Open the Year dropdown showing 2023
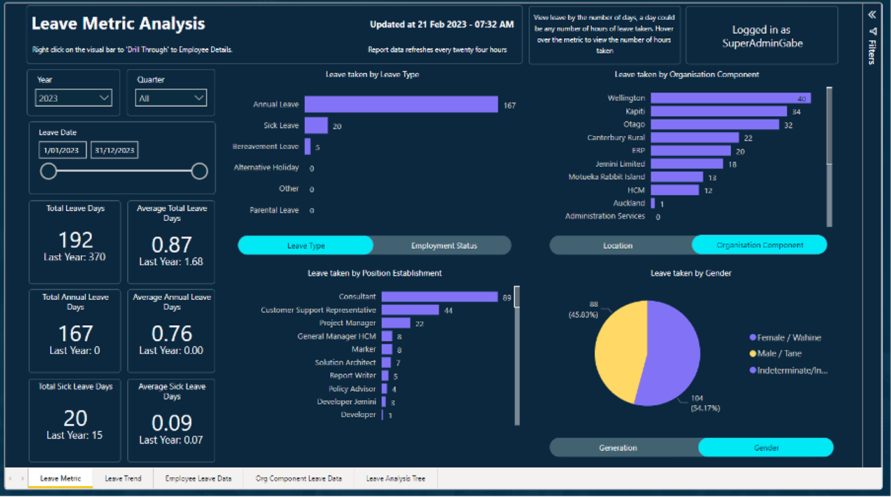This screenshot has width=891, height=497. [74, 98]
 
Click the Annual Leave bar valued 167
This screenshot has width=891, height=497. [401, 104]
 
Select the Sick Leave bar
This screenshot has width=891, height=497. [316, 125]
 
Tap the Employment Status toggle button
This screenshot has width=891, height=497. [444, 246]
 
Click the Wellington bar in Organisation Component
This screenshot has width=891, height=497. [731, 98]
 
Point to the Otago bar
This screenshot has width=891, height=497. [715, 125]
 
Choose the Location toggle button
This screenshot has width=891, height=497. [618, 245]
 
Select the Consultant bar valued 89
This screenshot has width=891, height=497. [439, 297]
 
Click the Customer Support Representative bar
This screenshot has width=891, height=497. [410, 310]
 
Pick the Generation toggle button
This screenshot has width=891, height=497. [618, 448]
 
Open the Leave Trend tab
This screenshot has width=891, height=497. [123, 479]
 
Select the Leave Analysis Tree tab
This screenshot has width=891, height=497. [395, 479]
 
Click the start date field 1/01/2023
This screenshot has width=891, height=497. [62, 150]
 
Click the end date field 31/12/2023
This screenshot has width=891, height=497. [115, 150]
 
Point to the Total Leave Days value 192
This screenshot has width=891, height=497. [75, 239]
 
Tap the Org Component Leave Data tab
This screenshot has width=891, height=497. [298, 479]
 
